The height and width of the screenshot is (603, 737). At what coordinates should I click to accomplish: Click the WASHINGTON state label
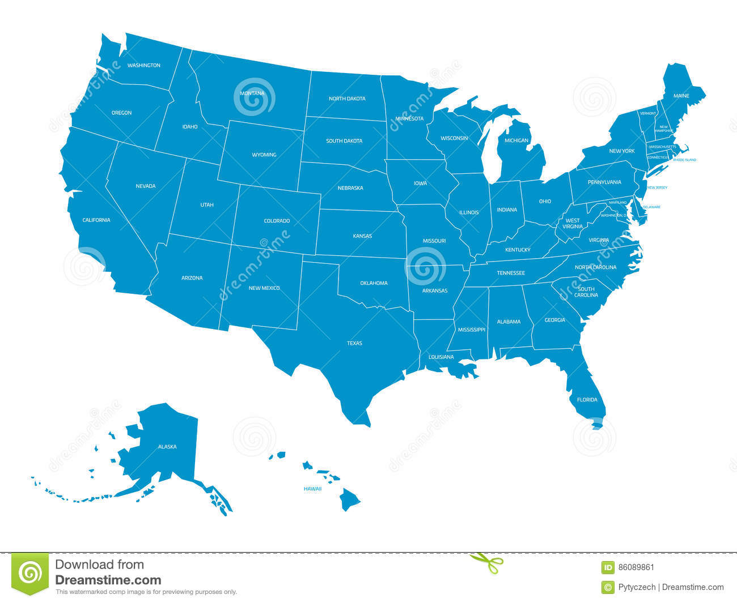click(x=143, y=65)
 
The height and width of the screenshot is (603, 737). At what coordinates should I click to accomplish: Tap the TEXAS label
click(x=354, y=343)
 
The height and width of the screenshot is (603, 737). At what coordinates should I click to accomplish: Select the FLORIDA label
click(x=587, y=400)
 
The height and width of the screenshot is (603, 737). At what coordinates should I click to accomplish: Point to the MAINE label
click(x=681, y=96)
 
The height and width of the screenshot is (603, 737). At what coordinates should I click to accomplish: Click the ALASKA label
click(x=167, y=447)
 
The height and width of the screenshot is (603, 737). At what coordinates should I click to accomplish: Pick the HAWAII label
click(x=312, y=489)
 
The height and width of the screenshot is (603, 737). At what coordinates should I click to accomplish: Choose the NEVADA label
click(x=145, y=186)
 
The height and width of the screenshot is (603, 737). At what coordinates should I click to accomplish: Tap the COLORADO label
click(x=277, y=221)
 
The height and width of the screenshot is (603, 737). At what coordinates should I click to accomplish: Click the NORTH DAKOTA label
click(x=347, y=99)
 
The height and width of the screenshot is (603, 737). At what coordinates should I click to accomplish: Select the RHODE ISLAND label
click(x=684, y=160)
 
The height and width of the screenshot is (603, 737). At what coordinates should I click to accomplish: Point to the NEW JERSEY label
click(x=657, y=187)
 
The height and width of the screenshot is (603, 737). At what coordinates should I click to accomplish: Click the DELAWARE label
click(x=651, y=207)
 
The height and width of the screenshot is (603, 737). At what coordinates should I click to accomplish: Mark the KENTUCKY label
click(x=518, y=250)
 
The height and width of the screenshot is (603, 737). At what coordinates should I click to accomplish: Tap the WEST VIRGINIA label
click(x=573, y=223)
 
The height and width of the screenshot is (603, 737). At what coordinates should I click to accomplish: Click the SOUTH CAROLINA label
click(x=586, y=292)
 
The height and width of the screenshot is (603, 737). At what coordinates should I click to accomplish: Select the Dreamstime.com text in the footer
click(x=108, y=580)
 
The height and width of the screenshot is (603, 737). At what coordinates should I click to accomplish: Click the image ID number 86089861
click(x=636, y=567)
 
